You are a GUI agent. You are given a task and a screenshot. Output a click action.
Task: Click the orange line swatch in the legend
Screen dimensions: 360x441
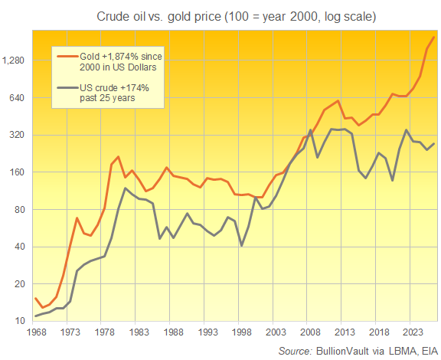(67, 56)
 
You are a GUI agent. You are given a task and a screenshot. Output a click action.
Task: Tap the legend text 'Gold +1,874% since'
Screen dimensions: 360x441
(122, 56)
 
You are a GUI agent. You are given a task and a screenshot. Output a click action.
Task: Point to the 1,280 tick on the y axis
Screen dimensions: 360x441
(15, 61)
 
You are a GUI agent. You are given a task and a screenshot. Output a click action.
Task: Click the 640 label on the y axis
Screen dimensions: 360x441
(19, 98)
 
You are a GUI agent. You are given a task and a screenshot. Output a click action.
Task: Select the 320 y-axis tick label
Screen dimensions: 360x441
(19, 135)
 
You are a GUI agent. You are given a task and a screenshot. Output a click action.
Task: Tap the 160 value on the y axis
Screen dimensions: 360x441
(19, 172)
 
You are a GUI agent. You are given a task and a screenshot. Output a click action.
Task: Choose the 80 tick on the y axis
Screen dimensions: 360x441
(21, 210)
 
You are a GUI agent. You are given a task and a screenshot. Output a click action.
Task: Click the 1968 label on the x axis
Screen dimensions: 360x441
(35, 333)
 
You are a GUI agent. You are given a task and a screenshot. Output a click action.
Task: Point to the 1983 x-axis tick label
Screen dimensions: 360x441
(139, 333)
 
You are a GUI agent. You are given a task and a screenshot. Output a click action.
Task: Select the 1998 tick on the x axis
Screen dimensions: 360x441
(242, 333)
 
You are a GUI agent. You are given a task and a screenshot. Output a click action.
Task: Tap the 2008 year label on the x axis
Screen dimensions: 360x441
(311, 333)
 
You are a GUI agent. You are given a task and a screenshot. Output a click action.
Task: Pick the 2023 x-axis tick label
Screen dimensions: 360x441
(414, 333)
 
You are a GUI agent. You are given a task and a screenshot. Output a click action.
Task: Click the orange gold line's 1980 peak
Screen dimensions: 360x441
(118, 157)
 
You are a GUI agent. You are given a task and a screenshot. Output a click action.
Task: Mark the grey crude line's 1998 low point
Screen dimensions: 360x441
(242, 245)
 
